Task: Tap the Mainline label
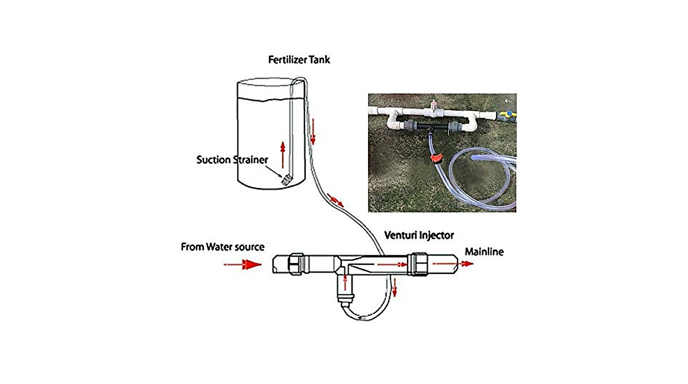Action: point(484,251)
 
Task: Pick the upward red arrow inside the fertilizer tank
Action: point(282,154)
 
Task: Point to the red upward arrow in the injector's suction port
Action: point(345,281)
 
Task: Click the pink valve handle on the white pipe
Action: point(434,106)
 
